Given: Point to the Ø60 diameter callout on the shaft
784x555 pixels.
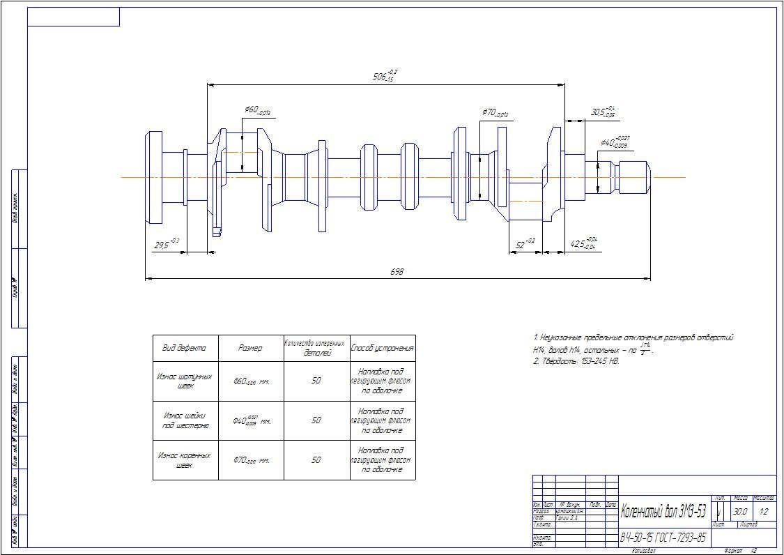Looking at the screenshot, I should coord(257,111).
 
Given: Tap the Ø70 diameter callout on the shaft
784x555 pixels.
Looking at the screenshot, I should coord(495,112).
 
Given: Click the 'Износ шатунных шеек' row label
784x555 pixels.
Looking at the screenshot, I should coord(185,381).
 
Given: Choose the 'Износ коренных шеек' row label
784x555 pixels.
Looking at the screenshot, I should coord(185,459).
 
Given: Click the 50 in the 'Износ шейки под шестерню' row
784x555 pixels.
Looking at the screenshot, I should coord(316,420).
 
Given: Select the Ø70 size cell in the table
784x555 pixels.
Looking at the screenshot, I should coord(251,460).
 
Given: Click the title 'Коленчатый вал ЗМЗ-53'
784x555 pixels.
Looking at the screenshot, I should coord(663,512).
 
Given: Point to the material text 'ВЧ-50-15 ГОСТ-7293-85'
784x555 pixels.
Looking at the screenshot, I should coord(663,538).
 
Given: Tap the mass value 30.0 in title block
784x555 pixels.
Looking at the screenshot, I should coord(740,512).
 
